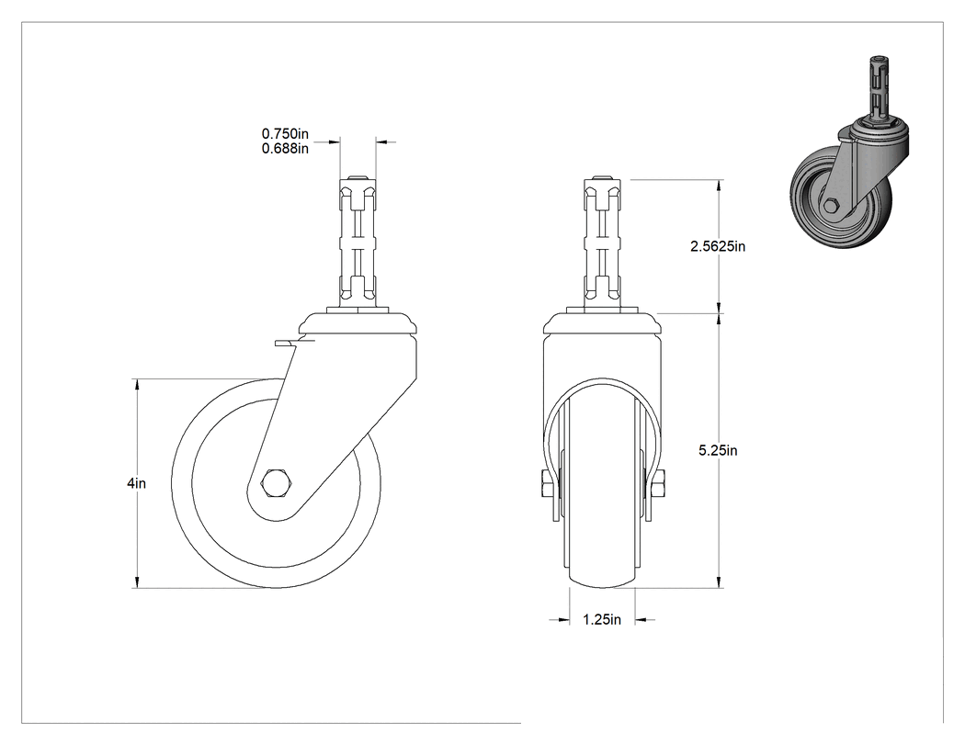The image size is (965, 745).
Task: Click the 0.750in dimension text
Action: coord(285,133)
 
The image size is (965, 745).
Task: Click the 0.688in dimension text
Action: coord(285,148)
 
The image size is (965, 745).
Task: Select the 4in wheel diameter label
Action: coord(137,483)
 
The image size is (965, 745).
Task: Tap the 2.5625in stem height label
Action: coord(718,246)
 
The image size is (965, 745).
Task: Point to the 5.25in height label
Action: coord(718,450)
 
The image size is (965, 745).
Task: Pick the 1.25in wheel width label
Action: coord(602,619)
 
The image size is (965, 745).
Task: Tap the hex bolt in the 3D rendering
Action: coord(831,205)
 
